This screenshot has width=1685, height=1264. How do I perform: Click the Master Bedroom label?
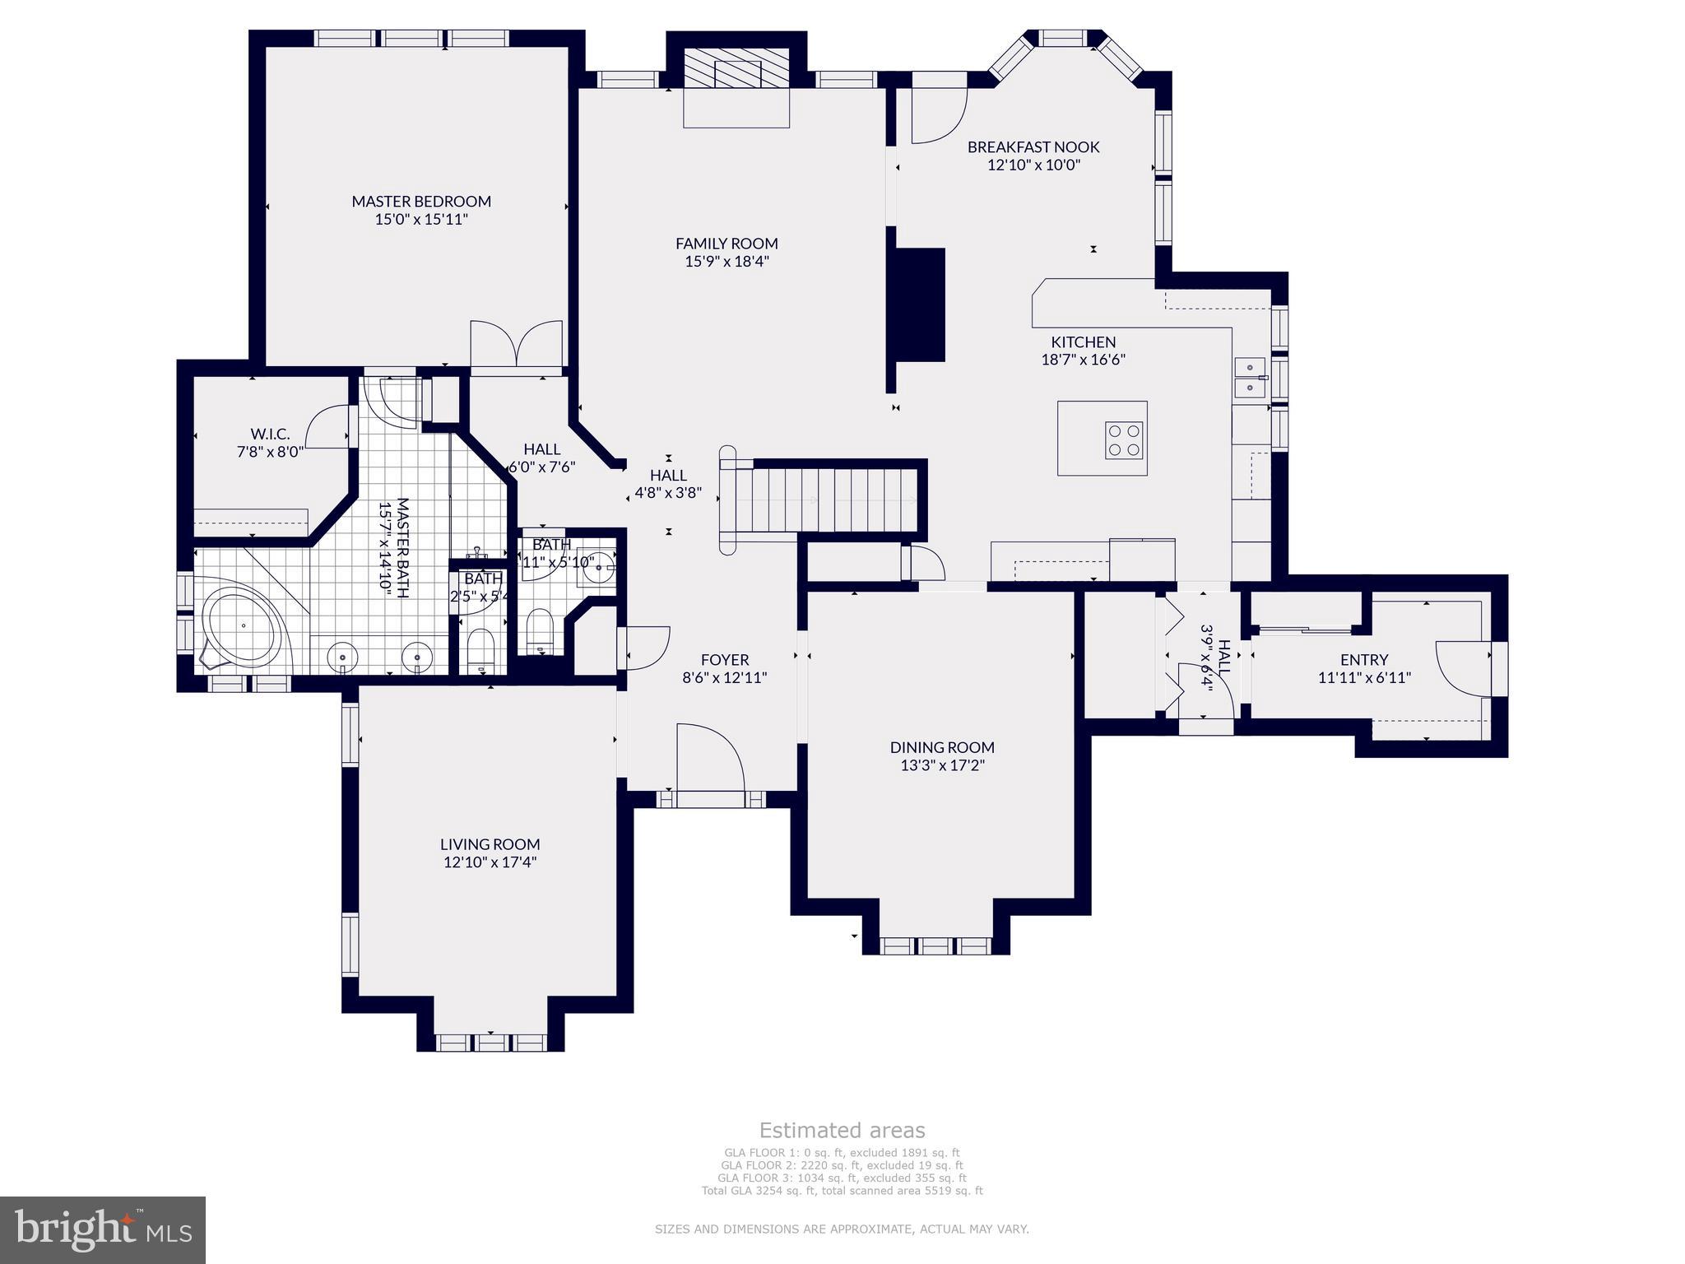[421, 201]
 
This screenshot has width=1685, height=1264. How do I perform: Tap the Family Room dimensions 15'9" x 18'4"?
[726, 262]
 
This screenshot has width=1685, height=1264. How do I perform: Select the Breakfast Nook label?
[1033, 146]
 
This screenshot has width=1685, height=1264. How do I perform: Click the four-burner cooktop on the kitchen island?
[1124, 439]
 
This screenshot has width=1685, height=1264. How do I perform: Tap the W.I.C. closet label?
[270, 434]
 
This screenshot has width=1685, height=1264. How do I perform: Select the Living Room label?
[490, 843]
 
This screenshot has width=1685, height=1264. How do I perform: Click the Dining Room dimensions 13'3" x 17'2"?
[942, 765]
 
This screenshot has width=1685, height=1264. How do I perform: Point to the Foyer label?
[725, 659]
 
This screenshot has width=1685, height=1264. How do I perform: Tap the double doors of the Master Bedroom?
[517, 344]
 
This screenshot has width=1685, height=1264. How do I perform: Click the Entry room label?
[1363, 659]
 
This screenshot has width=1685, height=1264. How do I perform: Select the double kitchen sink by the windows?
[1249, 378]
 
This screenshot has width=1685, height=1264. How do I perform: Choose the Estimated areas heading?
[842, 1130]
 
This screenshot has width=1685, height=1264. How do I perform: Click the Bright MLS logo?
[103, 1229]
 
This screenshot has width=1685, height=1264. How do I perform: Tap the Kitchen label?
[1083, 342]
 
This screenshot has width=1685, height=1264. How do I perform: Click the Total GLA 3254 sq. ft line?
[842, 1190]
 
